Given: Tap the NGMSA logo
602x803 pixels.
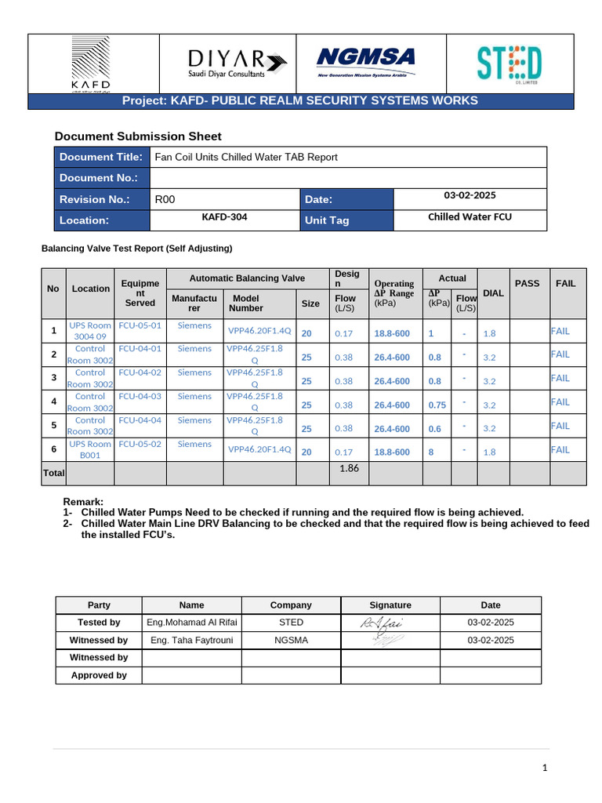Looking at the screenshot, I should click(x=365, y=62).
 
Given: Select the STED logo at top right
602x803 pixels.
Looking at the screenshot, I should click(x=509, y=64).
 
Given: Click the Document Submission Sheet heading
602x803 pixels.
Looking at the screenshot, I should click(x=137, y=136).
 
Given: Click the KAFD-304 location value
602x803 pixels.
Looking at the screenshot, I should click(x=224, y=216).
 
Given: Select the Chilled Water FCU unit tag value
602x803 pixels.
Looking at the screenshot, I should click(x=470, y=216).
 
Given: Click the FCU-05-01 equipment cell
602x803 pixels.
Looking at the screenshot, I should click(x=140, y=325).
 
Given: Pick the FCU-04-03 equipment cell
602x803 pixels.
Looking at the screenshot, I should click(x=140, y=397).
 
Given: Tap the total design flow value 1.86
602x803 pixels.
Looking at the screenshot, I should click(x=349, y=468).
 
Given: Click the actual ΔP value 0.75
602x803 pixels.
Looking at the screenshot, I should click(x=437, y=405).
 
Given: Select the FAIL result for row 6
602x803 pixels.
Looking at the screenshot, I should click(x=560, y=450).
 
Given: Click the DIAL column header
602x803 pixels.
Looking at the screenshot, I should click(x=493, y=292).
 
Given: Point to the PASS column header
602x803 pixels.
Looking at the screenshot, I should click(x=527, y=283).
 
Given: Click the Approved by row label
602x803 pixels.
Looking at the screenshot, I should click(x=98, y=675).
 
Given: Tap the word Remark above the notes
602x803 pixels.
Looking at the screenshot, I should click(x=82, y=502).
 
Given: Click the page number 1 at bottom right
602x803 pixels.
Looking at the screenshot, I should click(x=546, y=768).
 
